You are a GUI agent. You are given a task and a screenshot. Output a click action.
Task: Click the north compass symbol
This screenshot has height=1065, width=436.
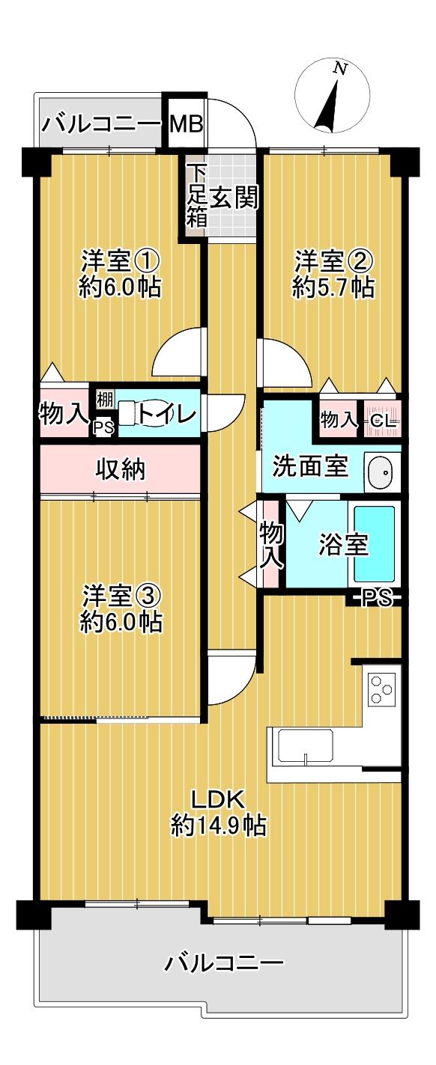point(333,97)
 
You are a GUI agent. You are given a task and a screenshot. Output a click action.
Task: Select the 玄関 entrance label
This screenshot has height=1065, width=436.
point(234,197)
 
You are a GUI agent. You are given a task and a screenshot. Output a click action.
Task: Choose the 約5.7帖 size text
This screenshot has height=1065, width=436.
point(333,287)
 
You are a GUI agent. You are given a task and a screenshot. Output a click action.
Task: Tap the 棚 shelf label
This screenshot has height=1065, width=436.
point(104,397)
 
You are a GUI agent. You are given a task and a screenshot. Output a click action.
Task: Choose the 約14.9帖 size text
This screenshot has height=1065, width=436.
point(217,825)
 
